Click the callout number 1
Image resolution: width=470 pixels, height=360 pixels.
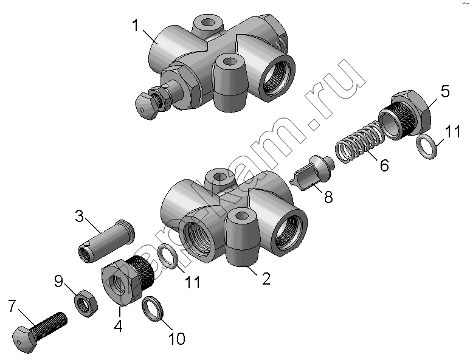(136, 25)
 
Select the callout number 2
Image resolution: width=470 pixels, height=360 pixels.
(266, 279)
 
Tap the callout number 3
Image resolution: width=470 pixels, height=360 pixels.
(79, 216)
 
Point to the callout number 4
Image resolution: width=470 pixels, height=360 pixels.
(119, 326)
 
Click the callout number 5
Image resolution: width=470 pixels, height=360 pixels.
(445, 91)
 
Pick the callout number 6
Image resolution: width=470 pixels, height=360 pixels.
(384, 165)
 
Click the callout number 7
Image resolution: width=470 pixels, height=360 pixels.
(12, 306)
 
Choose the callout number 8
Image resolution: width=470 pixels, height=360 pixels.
(328, 197)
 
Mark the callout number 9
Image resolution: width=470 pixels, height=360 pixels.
(59, 281)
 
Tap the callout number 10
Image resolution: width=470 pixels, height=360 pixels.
(177, 339)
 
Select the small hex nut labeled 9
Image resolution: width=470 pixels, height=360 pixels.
(86, 303)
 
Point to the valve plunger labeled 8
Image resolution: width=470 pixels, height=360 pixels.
(313, 172)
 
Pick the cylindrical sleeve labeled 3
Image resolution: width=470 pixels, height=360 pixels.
(106, 241)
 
